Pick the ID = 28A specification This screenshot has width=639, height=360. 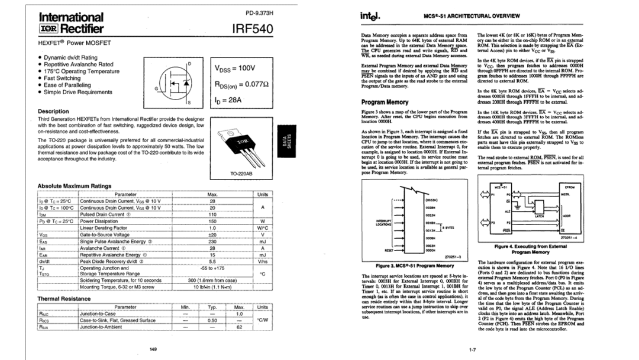pos(227,101)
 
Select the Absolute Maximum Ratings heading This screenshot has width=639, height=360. pos(74,185)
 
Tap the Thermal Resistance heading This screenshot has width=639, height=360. pos(64,298)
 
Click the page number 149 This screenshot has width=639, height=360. pos(153,349)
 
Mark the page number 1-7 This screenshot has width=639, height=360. pos(473,349)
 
